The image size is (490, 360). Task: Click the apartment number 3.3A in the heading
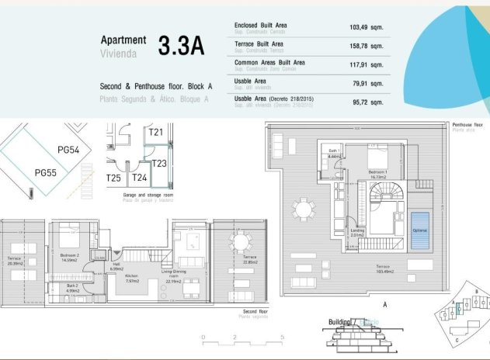[x=181, y=45]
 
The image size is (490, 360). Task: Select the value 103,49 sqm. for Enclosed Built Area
[x=366, y=27]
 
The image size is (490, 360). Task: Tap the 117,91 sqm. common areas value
[x=366, y=64]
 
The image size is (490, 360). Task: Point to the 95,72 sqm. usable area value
[x=366, y=102]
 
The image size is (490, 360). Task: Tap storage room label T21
[x=156, y=133]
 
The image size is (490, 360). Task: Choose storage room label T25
[x=113, y=178]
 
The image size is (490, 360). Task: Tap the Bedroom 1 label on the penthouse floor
[x=378, y=174]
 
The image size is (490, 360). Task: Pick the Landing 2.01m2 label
[x=357, y=232]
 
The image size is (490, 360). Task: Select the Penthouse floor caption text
[x=468, y=124]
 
